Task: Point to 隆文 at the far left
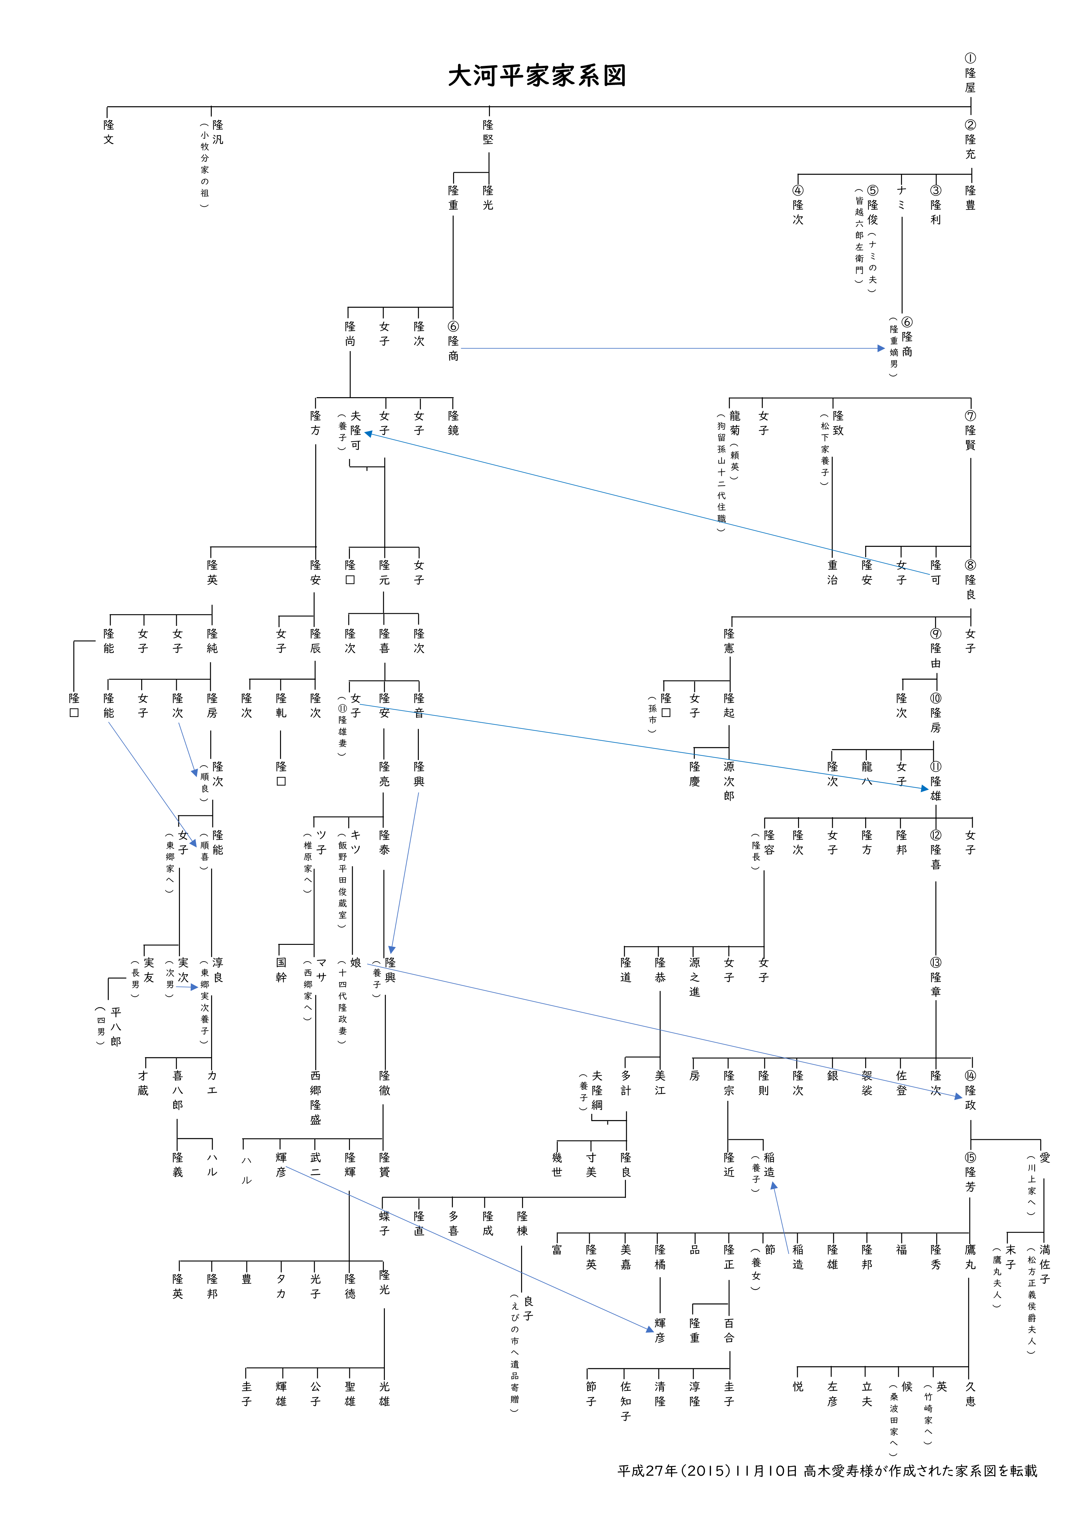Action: [x=108, y=132]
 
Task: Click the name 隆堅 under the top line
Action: [x=488, y=132]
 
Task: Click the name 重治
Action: [x=832, y=572]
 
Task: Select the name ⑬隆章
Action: [x=936, y=977]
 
